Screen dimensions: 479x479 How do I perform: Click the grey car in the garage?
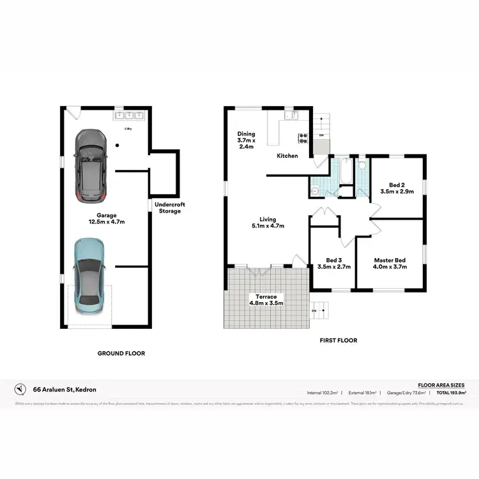pyautogui.click(x=89, y=165)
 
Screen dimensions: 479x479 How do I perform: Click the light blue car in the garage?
pyautogui.click(x=90, y=273)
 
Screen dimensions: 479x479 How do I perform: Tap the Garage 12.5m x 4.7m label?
pyautogui.click(x=106, y=219)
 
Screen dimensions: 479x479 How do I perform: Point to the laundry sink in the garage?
pyautogui.click(x=129, y=116)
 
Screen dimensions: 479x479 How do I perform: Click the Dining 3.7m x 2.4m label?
pyautogui.click(x=246, y=140)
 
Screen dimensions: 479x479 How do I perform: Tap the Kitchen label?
pyautogui.click(x=287, y=156)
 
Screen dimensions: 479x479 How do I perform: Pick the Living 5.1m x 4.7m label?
pyautogui.click(x=267, y=222)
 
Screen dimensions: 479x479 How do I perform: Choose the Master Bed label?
pyautogui.click(x=390, y=263)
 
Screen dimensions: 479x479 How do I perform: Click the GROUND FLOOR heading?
pyautogui.click(x=121, y=353)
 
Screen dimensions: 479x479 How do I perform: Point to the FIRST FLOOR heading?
pyautogui.click(x=338, y=340)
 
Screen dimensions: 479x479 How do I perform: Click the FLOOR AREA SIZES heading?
pyautogui.click(x=441, y=385)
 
